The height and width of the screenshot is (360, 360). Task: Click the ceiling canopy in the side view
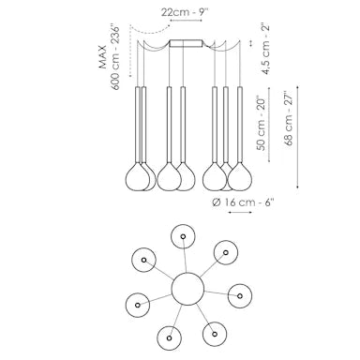pos(191,43)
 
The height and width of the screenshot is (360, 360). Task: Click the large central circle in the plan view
pos(187,288)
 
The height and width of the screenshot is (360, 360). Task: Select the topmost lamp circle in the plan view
pos(182,235)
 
